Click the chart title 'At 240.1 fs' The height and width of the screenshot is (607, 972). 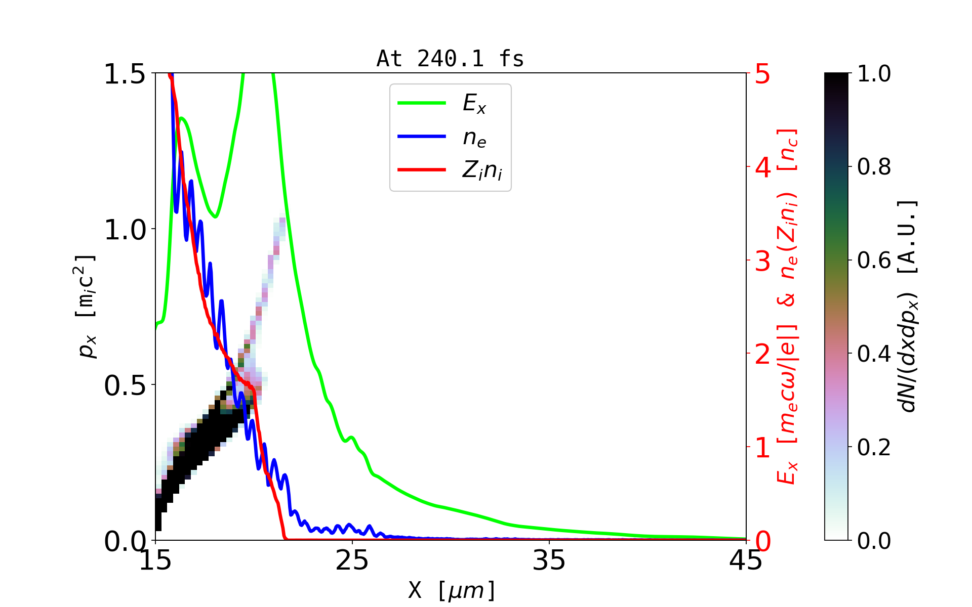click(450, 59)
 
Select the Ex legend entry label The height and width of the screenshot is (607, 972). click(474, 104)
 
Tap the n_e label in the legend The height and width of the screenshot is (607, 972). click(474, 138)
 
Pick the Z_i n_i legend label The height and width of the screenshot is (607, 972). click(482, 170)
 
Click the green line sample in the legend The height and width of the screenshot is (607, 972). click(422, 103)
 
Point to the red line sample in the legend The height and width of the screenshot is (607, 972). click(422, 169)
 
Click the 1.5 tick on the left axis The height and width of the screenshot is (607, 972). click(125, 74)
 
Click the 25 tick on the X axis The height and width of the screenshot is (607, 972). click(352, 560)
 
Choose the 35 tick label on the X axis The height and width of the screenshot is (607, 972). click(549, 560)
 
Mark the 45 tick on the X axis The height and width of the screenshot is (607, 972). click(746, 560)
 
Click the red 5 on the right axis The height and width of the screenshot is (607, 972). click(763, 74)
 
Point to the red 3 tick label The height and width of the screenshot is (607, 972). click(763, 261)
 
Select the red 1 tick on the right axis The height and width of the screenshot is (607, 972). click(763, 448)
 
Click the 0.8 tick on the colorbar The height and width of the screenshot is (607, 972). click(874, 166)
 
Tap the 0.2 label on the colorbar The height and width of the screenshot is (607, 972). click(874, 447)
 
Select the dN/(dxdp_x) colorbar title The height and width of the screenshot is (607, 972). click(908, 307)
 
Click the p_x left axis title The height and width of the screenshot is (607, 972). click(86, 307)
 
